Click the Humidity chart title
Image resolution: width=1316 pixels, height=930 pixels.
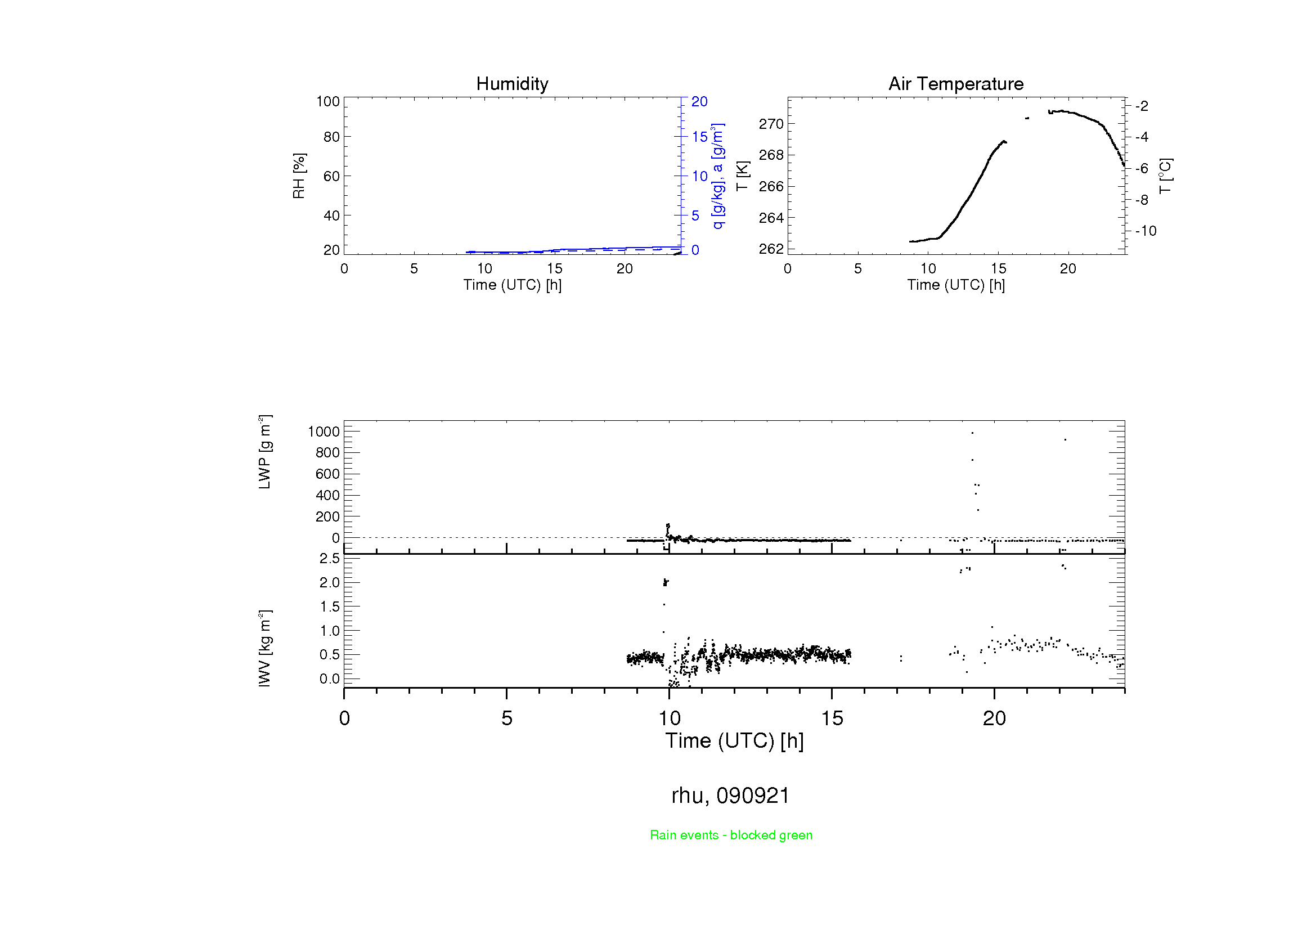(512, 84)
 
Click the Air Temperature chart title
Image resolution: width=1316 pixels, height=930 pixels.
(955, 84)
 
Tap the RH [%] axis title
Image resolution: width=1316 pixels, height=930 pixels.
(299, 176)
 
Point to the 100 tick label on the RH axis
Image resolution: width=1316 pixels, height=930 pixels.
(328, 101)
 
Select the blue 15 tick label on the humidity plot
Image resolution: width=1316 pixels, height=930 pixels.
(699, 137)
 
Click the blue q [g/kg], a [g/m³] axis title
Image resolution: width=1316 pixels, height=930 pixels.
(717, 176)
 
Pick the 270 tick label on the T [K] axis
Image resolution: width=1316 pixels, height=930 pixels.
(771, 124)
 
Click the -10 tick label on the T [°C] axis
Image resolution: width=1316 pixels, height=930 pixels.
(1146, 231)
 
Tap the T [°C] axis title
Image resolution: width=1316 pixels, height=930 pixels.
(1165, 176)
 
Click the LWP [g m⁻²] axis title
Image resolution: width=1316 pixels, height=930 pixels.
(264, 452)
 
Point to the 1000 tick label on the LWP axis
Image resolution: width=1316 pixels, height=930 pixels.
(324, 432)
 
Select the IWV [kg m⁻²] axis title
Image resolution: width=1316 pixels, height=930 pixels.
(264, 648)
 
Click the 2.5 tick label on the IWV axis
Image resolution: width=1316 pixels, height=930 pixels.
(330, 558)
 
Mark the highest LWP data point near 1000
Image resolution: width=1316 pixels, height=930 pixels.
(972, 433)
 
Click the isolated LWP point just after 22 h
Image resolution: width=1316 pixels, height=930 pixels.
(1065, 439)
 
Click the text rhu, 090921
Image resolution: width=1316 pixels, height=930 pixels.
(730, 796)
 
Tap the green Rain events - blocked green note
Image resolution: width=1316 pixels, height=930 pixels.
(731, 835)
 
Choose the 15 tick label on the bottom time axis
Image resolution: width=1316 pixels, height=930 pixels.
(832, 718)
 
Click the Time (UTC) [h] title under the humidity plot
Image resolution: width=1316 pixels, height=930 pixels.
(512, 285)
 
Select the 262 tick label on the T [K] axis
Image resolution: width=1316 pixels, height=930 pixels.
(771, 249)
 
